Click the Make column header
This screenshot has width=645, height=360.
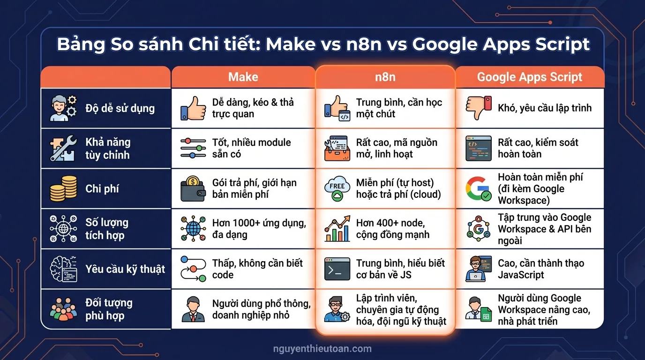pyautogui.click(x=243, y=77)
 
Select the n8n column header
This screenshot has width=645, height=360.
pyautogui.click(x=385, y=77)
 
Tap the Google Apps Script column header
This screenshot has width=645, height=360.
pyautogui.click(x=529, y=77)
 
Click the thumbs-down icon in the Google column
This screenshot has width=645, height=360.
pyautogui.click(x=478, y=108)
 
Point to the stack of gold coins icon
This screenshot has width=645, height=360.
pyautogui.click(x=63, y=188)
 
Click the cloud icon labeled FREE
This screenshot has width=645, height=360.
pyautogui.click(x=337, y=188)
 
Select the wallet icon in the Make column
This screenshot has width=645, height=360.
pyautogui.click(x=193, y=188)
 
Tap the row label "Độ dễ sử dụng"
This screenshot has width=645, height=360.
pyautogui.click(x=120, y=108)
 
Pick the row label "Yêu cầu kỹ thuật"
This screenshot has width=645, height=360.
pyautogui.click(x=125, y=269)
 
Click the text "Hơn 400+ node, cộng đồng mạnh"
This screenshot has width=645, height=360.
pyautogui.click(x=393, y=229)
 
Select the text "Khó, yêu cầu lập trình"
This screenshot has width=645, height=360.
pyautogui.click(x=545, y=108)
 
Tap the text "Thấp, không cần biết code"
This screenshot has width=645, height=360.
pyautogui.click(x=257, y=269)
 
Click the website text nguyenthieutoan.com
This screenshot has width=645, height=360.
pyautogui.click(x=322, y=349)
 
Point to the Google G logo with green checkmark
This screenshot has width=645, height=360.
pyautogui.click(x=478, y=188)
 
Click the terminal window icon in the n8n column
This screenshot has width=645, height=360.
pyautogui.click(x=337, y=269)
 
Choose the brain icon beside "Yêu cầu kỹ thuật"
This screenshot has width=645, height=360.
pyautogui.click(x=63, y=269)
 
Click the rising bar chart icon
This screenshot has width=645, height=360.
pyautogui.click(x=337, y=229)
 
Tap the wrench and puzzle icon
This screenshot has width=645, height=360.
pyautogui.click(x=63, y=148)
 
